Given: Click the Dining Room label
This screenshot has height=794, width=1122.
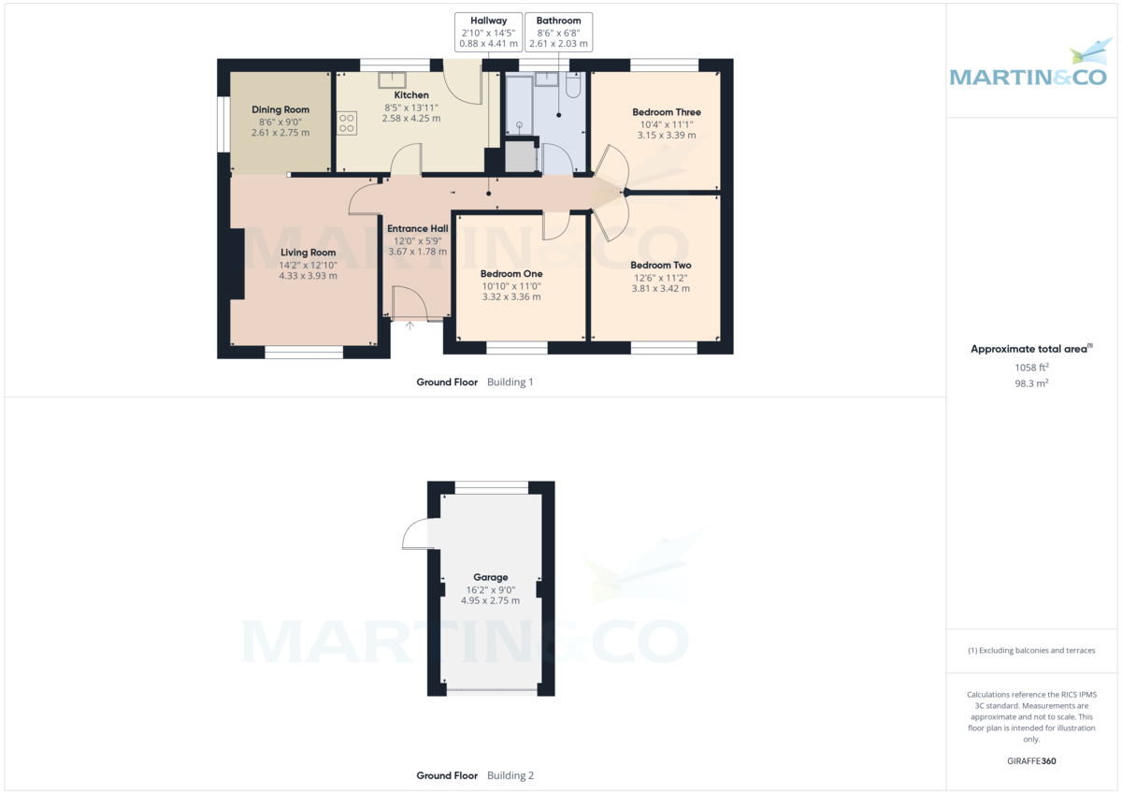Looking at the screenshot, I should pos(280,110).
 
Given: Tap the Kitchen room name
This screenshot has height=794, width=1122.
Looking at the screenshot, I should pos(411,95).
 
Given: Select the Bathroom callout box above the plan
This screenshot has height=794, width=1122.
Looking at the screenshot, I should pos(558,32).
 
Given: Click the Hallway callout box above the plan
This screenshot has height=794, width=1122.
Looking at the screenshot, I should pos(487,32).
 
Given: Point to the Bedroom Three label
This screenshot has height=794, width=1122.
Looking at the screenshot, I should pos(666,112).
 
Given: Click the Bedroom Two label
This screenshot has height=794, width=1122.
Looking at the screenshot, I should pos(660,266).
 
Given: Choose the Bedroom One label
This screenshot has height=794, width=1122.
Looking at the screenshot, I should pos(511,274).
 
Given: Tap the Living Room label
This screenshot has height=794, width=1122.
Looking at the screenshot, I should pos(308,253).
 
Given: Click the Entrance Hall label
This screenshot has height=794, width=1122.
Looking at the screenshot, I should pos(418,229).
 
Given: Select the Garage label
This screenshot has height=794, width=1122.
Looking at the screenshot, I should pos(490,578).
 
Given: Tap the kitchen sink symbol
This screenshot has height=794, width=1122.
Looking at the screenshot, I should pos(391,79).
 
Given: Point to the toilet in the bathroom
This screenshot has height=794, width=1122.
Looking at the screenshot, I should pos(573,86).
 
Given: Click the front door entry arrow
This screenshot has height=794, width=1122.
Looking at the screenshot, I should pos(410,325).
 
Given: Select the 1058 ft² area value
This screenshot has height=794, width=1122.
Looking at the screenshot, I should pos(1031,368).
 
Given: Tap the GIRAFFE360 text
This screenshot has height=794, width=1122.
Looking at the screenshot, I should pos(1031,761).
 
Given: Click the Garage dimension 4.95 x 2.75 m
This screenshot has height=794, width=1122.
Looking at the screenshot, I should pos(490,600).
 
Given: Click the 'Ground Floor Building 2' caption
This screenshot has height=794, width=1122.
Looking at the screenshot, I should pos(475,775).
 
